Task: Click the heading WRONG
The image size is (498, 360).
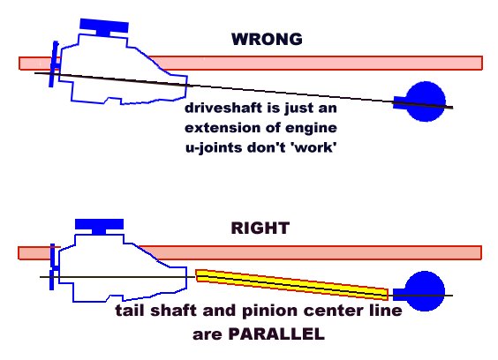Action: (267, 40)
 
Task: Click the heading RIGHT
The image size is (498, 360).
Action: (260, 228)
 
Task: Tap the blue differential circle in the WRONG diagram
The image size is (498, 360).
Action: (426, 101)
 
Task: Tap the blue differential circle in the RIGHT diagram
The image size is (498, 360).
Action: (425, 291)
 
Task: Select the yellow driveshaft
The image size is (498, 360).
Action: (291, 285)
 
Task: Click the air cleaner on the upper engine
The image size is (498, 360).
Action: (104, 27)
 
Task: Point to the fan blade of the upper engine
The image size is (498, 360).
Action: (54, 64)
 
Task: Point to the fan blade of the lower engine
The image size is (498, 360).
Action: (53, 266)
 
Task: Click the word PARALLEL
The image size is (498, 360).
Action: (276, 334)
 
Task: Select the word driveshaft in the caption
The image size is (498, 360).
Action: (223, 108)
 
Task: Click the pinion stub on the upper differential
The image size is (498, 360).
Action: (400, 102)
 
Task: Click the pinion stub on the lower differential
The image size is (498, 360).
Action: (399, 295)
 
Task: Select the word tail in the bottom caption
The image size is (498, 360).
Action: (130, 311)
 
